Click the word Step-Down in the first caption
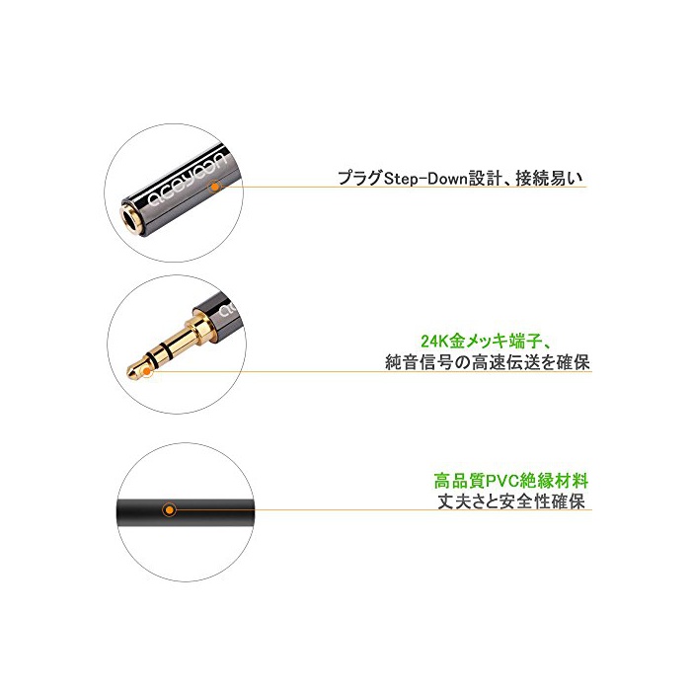pos(425,179)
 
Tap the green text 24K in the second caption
pos(434,342)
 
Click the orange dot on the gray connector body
pos(214,187)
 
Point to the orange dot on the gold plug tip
pos(146,372)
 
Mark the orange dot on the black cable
pos(169,510)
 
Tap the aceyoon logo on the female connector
pos(187,179)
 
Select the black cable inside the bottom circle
pos(186,511)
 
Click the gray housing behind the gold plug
pos(217,313)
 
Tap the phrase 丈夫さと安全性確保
pos(511,501)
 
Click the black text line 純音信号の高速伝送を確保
pos(488,362)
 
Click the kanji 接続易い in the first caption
pos(549,179)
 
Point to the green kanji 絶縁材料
pos(555,481)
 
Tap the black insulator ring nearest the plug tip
pos(152,357)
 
